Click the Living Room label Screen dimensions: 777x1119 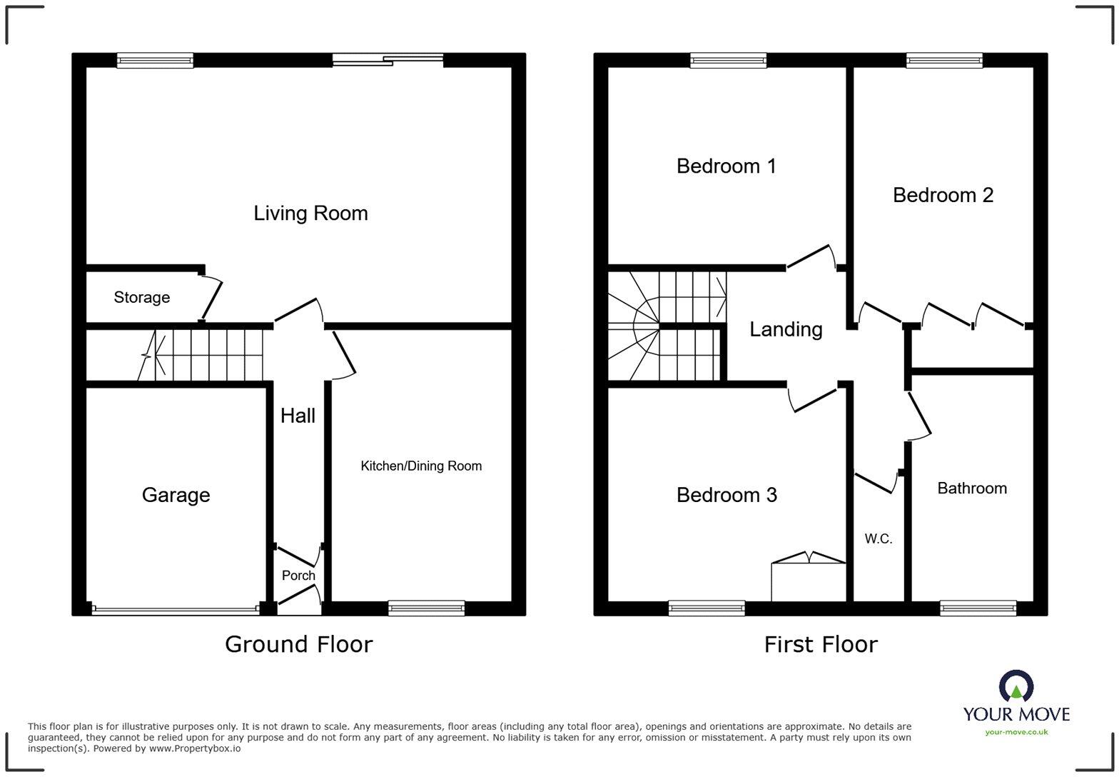point(310,213)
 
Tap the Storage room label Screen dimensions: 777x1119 point(141,297)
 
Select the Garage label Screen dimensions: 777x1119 point(176,495)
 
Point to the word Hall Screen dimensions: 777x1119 point(298,416)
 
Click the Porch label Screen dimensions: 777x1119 point(298,575)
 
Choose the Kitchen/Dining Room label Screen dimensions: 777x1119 point(421,466)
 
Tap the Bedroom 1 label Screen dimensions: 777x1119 point(726,166)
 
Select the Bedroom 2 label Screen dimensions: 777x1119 point(943,195)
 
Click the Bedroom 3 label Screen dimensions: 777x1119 point(726,495)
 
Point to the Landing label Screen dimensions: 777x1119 point(786,329)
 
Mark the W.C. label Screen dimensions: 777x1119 point(879,539)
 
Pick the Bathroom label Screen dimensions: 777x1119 point(972,488)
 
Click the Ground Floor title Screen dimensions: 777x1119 point(298,644)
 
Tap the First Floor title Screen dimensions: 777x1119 point(821,644)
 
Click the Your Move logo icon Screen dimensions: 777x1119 point(1016,686)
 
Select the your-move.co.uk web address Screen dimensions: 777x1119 point(1016,732)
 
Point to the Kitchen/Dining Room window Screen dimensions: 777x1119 point(427,608)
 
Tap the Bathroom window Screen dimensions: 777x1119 point(978,608)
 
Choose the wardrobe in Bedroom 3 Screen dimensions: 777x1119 point(809,581)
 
